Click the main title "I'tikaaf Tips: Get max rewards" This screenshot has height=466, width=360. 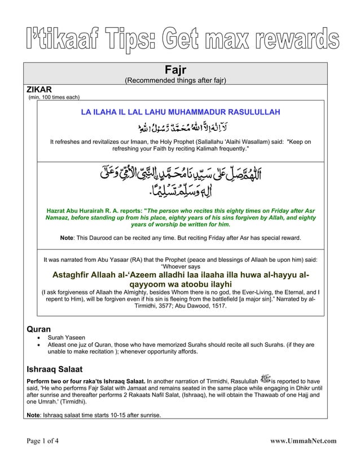[180, 39]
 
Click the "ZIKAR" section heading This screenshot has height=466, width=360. [39, 90]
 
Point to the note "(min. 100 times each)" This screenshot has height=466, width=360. [54, 97]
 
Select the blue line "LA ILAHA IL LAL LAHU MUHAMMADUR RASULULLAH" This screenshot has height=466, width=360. [181, 112]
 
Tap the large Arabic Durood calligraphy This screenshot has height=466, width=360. [181, 181]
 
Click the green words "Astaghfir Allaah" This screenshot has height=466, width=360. [85, 275]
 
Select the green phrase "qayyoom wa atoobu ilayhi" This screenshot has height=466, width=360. [180, 285]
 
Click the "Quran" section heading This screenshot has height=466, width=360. [39, 329]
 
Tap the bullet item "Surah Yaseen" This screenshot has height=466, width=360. [67, 337]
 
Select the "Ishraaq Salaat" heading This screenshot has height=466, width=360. [55, 370]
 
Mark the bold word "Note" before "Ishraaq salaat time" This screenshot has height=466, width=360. [34, 416]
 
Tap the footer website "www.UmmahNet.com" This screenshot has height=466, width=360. [303, 441]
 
